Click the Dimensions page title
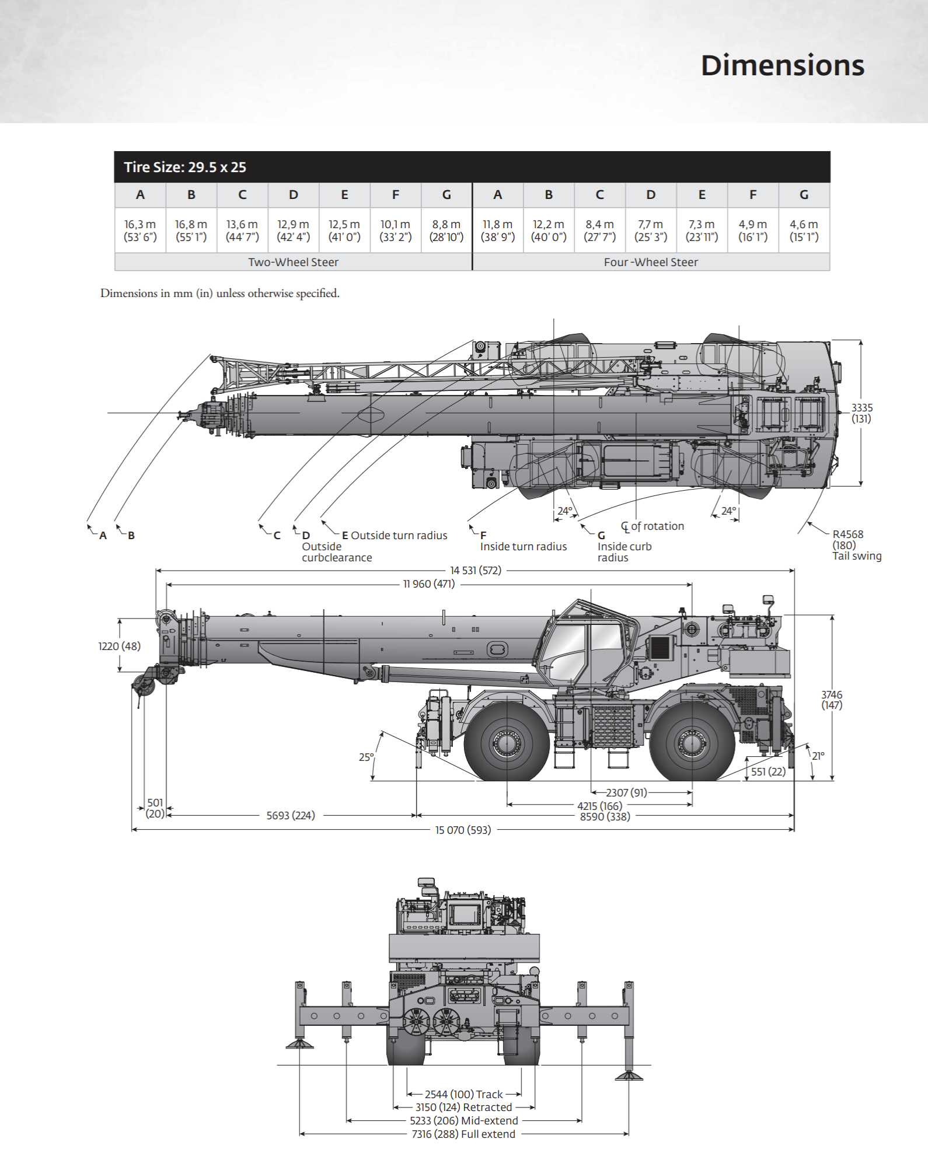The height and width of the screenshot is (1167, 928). click(x=782, y=65)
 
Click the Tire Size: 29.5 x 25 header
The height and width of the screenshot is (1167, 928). click(x=185, y=167)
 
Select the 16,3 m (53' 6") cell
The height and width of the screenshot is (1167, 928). click(x=140, y=230)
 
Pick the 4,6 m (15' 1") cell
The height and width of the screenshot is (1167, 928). click(x=804, y=230)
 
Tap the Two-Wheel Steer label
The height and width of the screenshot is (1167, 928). click(x=293, y=262)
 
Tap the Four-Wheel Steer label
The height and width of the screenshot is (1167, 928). click(x=651, y=262)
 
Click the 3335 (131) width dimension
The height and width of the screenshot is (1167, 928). click(x=861, y=413)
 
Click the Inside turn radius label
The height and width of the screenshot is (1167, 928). click(x=524, y=547)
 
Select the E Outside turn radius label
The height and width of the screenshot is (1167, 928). click(x=395, y=535)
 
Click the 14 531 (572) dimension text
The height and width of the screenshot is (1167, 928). click(x=476, y=571)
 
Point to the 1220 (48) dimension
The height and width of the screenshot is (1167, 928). click(x=119, y=646)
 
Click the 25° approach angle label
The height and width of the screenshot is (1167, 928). click(x=366, y=757)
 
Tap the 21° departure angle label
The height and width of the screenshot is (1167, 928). click(x=818, y=756)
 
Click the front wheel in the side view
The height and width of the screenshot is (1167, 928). click(x=506, y=742)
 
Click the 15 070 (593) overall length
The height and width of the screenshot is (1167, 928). click(x=463, y=830)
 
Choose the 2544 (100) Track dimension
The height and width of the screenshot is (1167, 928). click(x=463, y=1094)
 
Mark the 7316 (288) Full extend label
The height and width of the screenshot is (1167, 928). click(x=463, y=1134)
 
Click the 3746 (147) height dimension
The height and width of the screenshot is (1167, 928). click(x=832, y=700)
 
